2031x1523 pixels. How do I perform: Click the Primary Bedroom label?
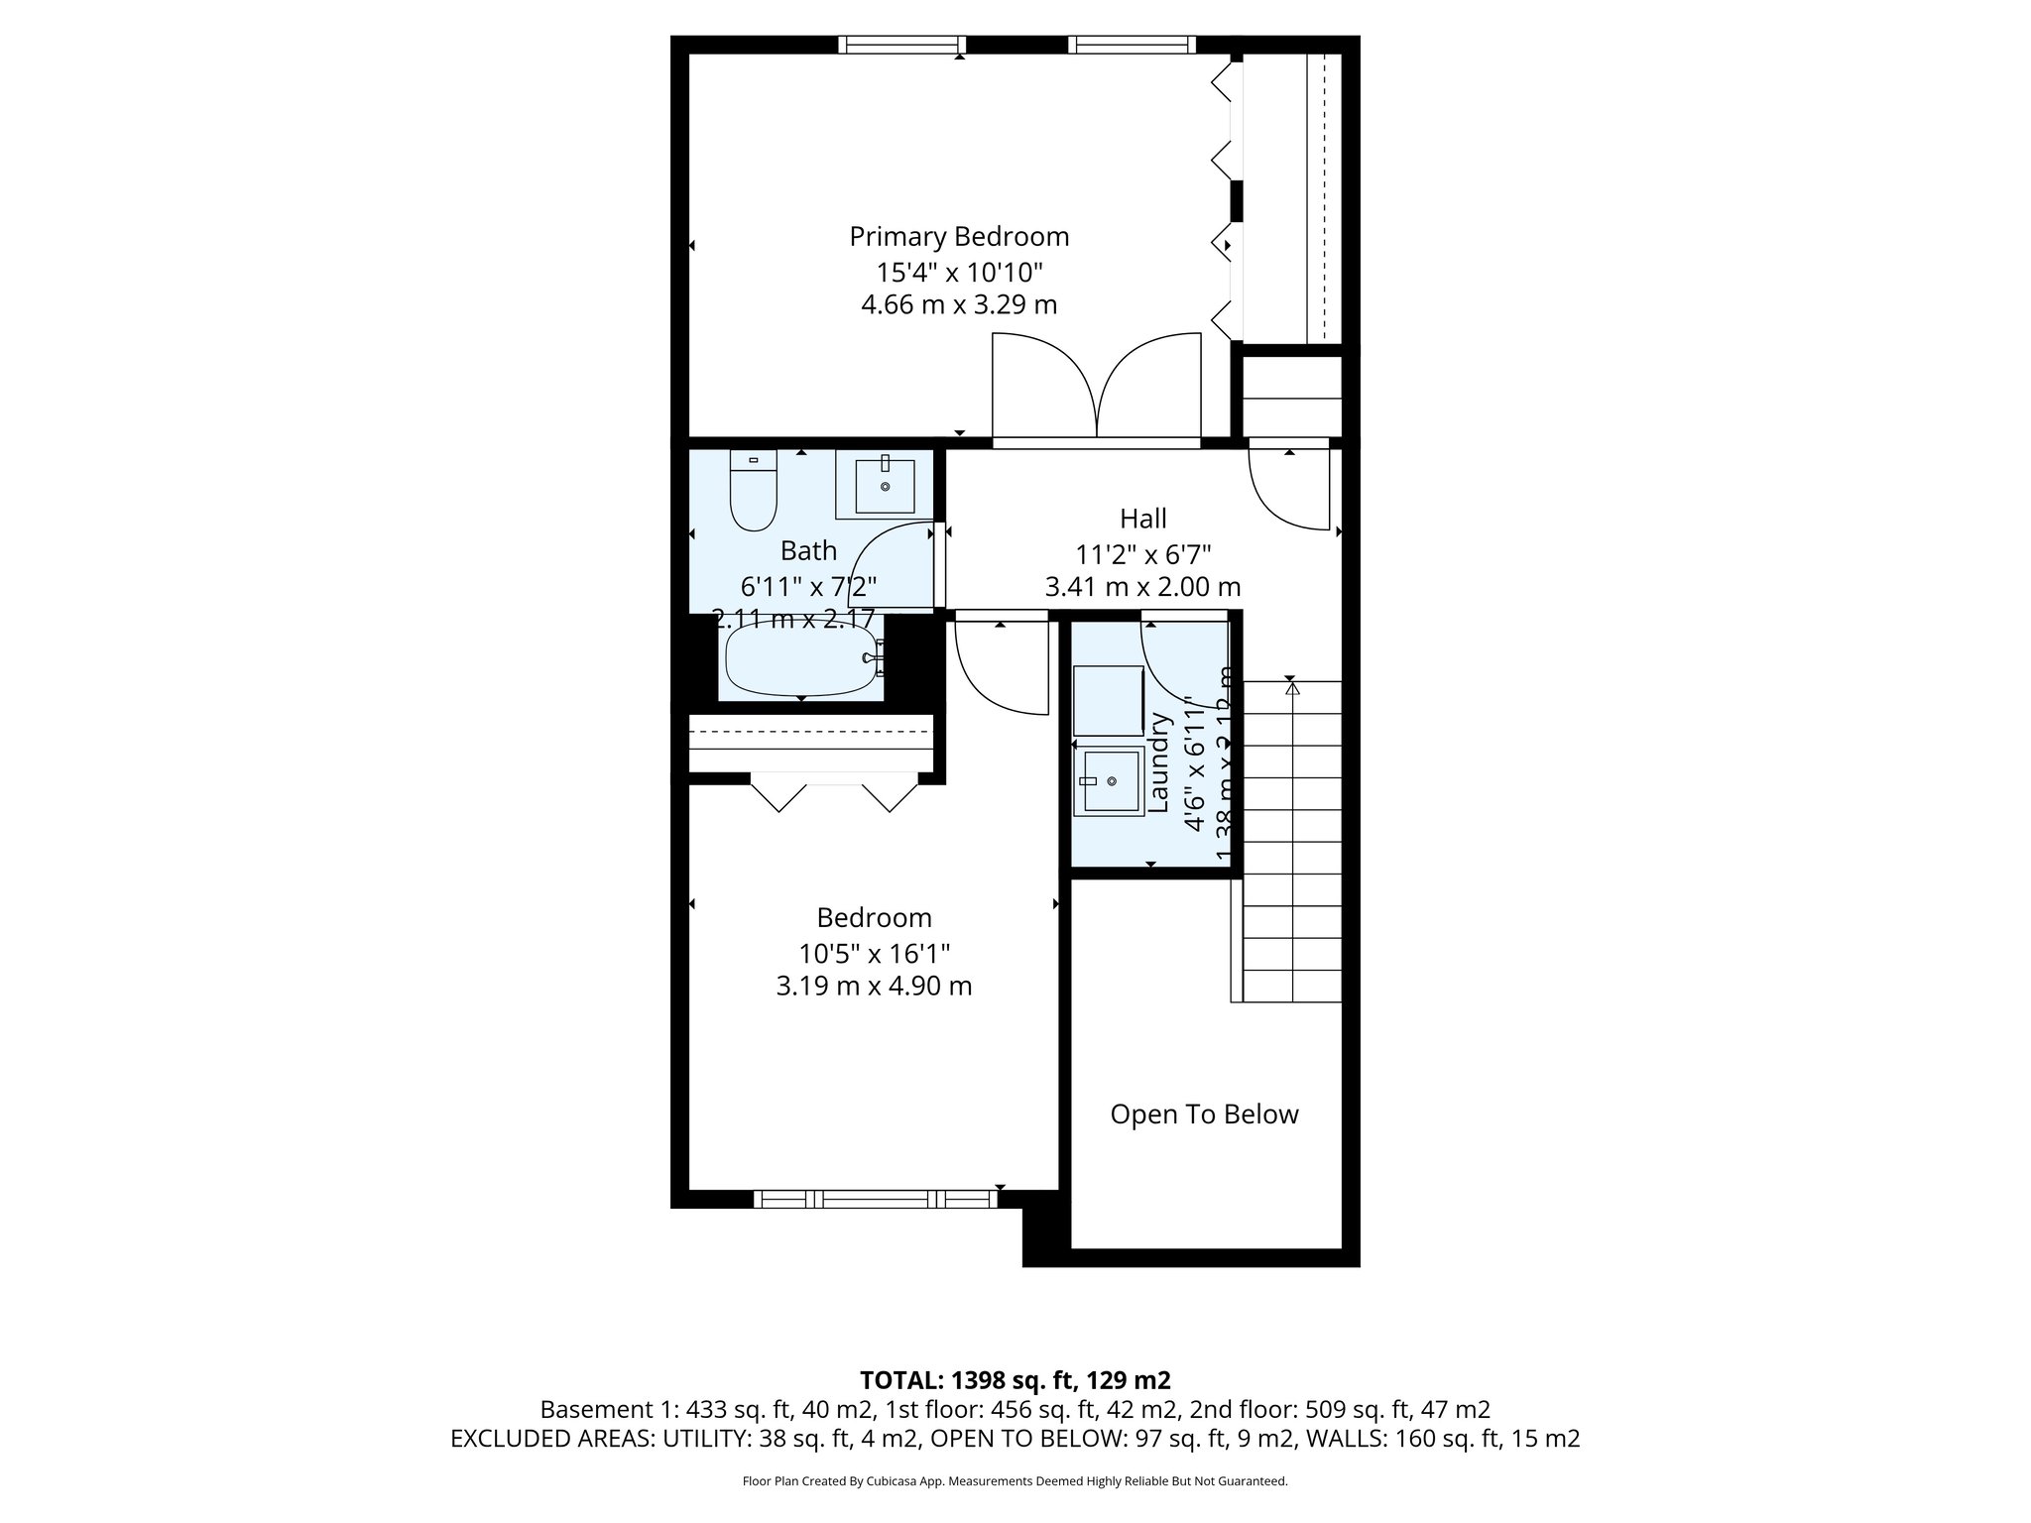959,237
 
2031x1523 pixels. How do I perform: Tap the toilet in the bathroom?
753,493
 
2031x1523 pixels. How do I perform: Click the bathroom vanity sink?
885,485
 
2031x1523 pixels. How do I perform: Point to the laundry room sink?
1108,782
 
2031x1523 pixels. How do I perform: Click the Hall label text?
1142,519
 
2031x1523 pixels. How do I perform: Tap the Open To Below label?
1204,1114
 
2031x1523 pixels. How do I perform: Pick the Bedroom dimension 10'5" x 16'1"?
875,954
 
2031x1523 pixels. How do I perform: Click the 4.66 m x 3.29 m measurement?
959,304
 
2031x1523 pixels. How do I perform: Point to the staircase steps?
1292,843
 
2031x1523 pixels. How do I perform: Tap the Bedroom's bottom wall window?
876,1199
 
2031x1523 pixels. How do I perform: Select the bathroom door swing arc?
893,565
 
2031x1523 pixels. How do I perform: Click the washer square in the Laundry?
1108,700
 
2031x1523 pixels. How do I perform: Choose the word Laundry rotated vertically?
1157,763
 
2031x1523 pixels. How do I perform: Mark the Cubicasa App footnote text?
1015,1481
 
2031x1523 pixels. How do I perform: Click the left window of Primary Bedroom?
901,44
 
